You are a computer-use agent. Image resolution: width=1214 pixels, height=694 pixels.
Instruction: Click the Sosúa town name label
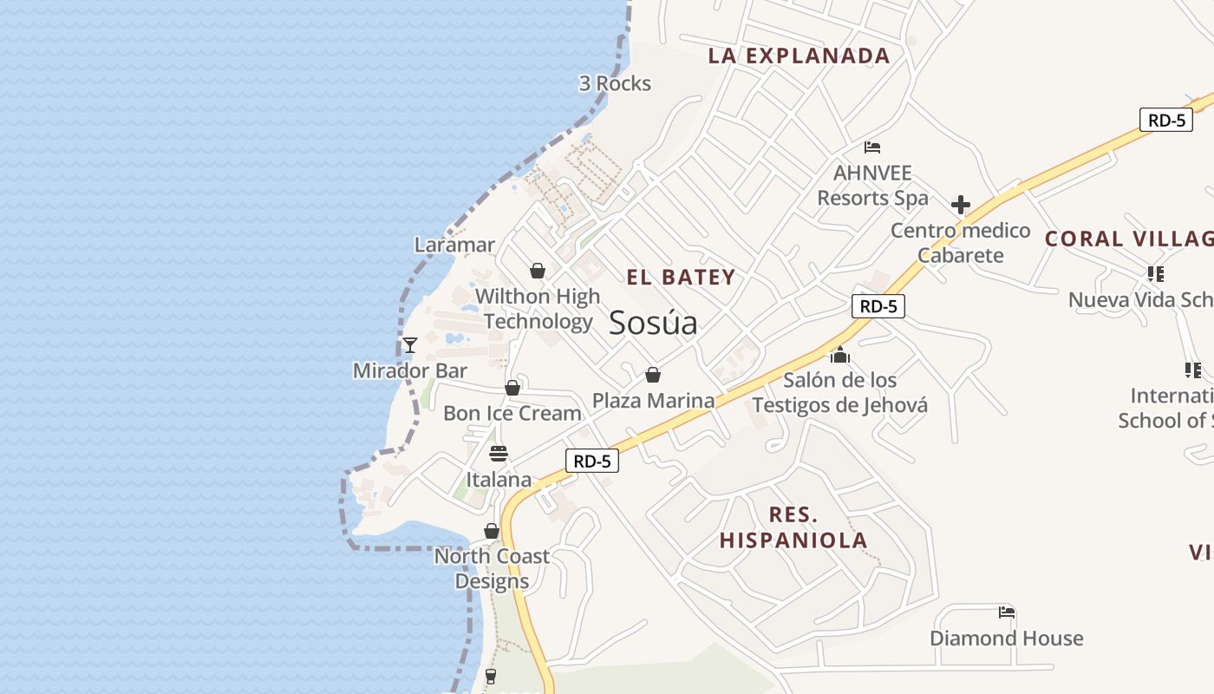(x=653, y=323)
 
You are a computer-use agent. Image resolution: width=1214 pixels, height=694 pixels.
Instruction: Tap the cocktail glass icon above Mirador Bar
(x=410, y=345)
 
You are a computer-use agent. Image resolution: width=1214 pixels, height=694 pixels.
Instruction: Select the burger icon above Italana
(x=499, y=454)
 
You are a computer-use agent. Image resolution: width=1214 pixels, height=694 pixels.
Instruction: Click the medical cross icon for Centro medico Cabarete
(x=960, y=206)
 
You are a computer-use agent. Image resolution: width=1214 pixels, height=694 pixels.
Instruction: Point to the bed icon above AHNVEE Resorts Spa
(x=872, y=147)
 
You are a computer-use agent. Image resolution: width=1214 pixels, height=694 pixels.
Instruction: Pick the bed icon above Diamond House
(x=1006, y=612)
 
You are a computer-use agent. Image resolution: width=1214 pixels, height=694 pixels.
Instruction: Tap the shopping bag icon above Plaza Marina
(x=653, y=375)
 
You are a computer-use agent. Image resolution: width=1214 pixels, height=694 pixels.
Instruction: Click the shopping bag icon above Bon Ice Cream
(x=512, y=388)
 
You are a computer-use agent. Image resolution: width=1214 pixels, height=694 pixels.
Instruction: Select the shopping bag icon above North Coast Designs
(x=492, y=531)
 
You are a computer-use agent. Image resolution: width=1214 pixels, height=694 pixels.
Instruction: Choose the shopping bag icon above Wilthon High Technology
(x=538, y=271)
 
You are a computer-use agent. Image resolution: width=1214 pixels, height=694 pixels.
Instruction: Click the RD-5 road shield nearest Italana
(x=592, y=461)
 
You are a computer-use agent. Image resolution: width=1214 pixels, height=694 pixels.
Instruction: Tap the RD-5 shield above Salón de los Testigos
(x=878, y=306)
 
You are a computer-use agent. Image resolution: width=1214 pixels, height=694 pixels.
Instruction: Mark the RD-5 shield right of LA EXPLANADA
(x=1166, y=121)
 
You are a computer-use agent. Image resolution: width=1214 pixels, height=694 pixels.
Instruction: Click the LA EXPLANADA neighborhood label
(x=799, y=56)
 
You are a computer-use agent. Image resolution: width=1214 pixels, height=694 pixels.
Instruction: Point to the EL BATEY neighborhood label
(x=681, y=278)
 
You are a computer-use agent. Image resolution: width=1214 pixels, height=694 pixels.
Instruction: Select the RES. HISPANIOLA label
(x=793, y=527)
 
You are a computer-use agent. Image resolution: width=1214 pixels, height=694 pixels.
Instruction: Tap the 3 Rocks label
(x=615, y=83)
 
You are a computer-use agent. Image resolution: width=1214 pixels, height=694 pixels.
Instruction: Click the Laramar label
(x=454, y=245)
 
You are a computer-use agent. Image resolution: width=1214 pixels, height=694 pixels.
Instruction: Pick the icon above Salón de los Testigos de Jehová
(x=839, y=355)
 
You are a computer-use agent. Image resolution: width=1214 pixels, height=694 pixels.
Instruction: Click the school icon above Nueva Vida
(x=1155, y=274)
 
